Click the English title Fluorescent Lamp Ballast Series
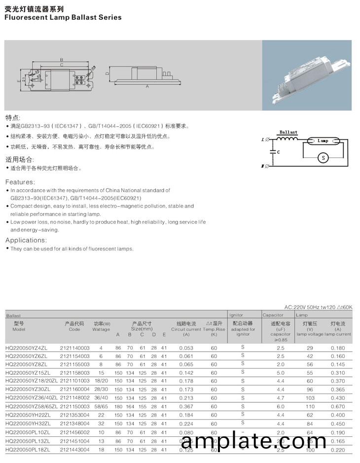pyautogui.click(x=63, y=17)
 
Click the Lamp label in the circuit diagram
pyautogui.click(x=323, y=141)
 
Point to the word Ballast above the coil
pyautogui.click(x=288, y=132)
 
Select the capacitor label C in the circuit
pyautogui.click(x=279, y=152)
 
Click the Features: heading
pyautogui.click(x=20, y=182)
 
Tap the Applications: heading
pyautogui.click(x=26, y=240)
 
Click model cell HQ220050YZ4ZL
pyautogui.click(x=27, y=348)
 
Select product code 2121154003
pyautogui.click(x=75, y=356)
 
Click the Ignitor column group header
pyautogui.click(x=237, y=315)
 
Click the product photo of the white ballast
pyautogui.click(x=307, y=75)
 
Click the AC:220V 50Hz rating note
pyautogui.click(x=319, y=307)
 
